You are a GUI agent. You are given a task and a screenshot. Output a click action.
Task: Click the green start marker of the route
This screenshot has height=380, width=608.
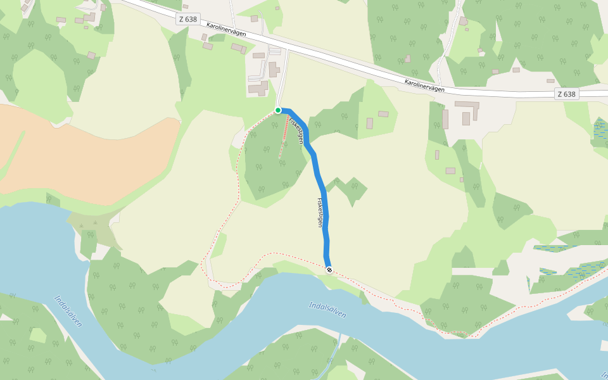[278, 110]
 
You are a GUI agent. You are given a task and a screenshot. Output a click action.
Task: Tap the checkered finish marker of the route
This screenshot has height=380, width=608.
[329, 269]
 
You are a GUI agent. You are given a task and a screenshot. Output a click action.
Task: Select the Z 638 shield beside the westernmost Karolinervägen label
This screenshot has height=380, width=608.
[188, 19]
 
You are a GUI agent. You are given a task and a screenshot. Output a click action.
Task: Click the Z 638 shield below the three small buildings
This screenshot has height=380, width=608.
[566, 94]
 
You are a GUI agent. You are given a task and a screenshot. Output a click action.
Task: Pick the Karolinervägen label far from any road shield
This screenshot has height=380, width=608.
[424, 85]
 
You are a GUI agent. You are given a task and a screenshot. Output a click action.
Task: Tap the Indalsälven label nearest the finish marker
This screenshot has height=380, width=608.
[327, 310]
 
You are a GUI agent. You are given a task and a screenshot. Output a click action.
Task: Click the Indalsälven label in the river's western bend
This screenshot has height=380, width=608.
[68, 311]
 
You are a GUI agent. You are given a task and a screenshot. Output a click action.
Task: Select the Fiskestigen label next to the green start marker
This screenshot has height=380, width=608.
[296, 127]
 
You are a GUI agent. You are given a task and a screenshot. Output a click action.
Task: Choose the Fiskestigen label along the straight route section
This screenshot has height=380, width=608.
[321, 212]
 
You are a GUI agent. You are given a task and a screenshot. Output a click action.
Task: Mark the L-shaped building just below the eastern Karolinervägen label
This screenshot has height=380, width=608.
[467, 106]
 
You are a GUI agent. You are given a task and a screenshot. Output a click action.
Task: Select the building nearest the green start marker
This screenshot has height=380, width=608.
[258, 88]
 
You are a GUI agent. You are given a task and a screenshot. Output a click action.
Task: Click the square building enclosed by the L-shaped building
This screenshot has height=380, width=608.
[466, 118]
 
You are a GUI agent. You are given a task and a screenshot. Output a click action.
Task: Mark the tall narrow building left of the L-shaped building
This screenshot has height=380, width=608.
[445, 119]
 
